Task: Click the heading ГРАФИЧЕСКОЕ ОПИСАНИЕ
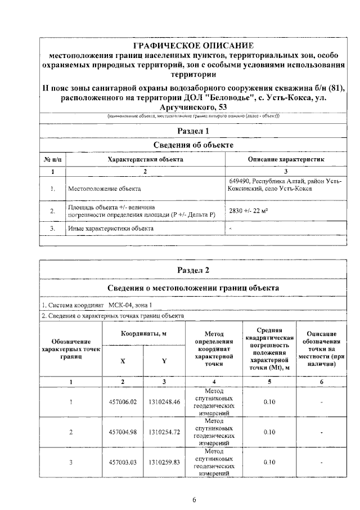point(193,45)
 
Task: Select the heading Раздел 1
point(193,131)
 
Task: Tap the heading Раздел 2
point(193,270)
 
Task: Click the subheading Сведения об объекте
point(193,145)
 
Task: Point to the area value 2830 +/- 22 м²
point(247,211)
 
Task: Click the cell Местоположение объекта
point(104,189)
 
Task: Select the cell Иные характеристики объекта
point(110,229)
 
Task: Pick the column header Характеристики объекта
point(145,159)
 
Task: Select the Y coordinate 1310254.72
point(164,432)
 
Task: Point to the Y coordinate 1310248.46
point(164,402)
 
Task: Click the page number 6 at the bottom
point(193,499)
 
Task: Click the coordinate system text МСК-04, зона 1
point(130,305)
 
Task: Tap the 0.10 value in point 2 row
point(269,432)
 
